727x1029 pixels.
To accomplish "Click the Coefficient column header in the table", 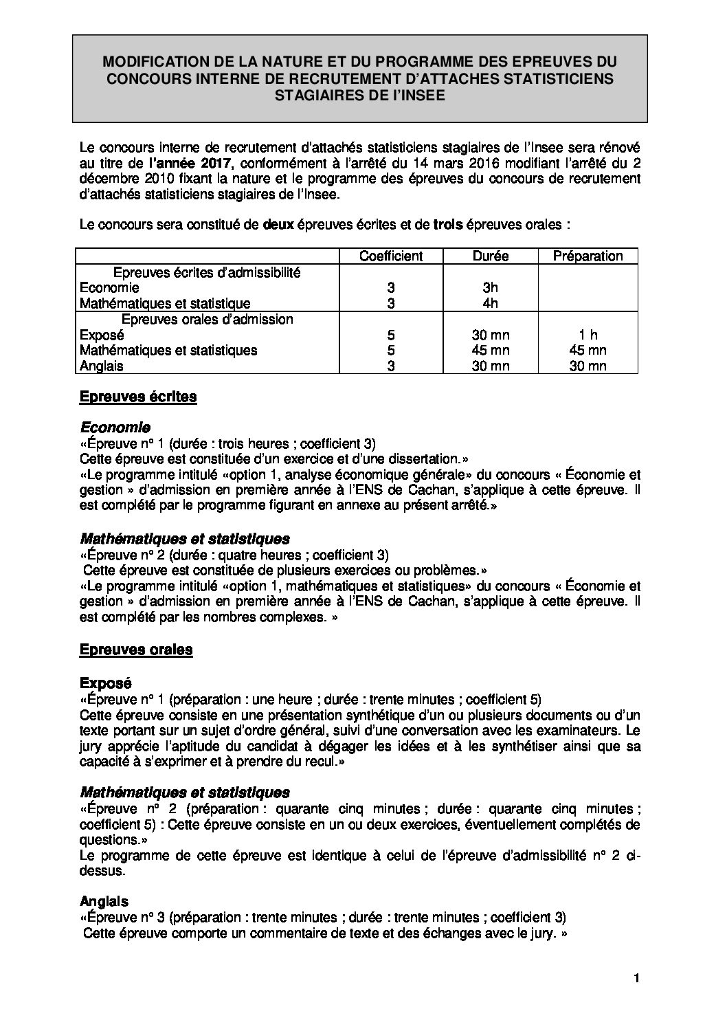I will [391, 256].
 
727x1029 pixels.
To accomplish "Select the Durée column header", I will [491, 256].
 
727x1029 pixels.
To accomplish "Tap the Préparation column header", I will [588, 256].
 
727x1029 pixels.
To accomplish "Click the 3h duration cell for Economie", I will [490, 288].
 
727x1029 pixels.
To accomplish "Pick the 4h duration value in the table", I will [490, 303].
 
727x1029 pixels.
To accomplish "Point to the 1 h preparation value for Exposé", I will [588, 335].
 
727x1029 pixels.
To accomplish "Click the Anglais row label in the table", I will [102, 366].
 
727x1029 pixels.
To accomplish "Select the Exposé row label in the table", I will [102, 335].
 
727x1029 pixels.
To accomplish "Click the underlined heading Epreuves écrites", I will [138, 397].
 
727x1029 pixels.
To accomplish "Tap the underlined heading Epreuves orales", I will [136, 650].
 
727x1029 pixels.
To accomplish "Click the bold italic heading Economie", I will [115, 428].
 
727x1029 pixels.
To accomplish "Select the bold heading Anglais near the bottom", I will [104, 901].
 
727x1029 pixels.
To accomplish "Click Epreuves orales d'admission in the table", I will [208, 319].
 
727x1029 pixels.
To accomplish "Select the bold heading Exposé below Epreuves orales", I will [105, 683].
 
